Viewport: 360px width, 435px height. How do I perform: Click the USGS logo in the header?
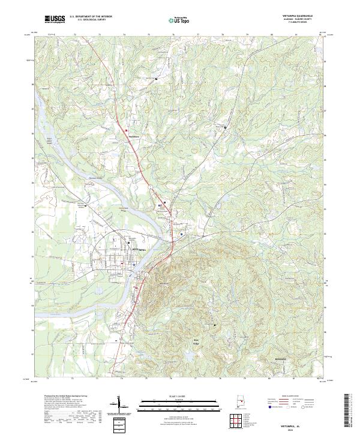pos(55,19)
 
